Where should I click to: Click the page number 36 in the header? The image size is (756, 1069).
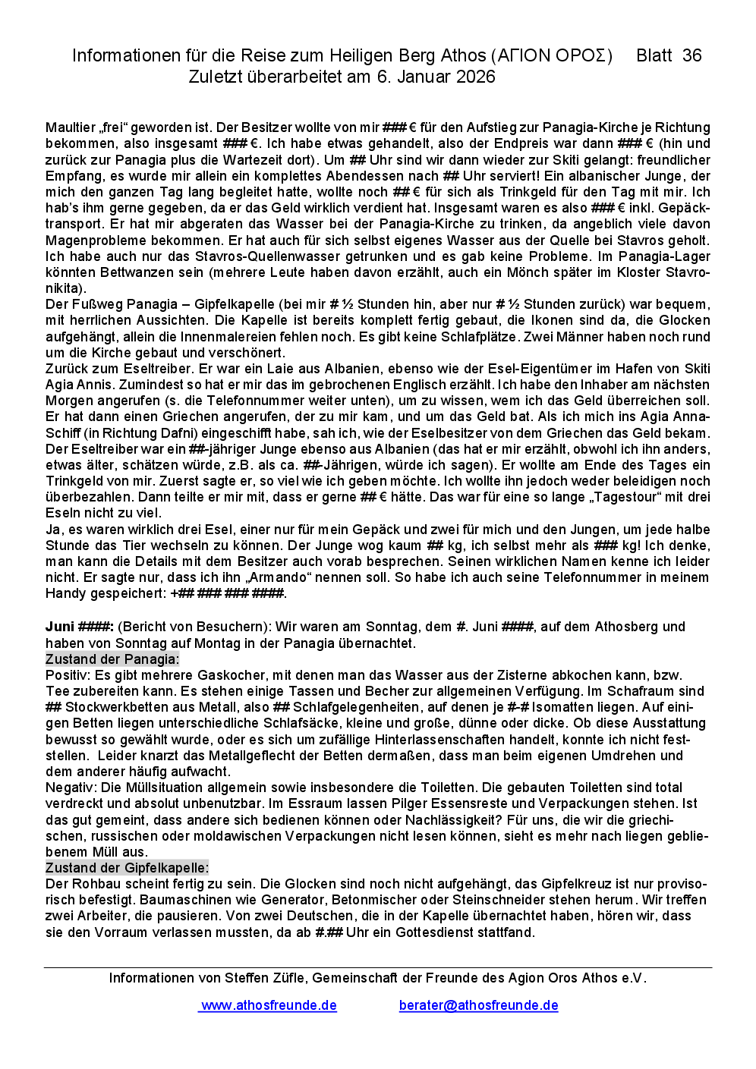tap(691, 55)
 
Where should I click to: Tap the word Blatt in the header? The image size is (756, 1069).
tap(654, 55)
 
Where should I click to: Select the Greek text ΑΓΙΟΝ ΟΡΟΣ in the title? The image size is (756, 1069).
tap(552, 55)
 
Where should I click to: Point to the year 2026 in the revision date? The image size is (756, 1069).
tap(476, 77)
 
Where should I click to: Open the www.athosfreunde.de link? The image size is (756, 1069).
tap(269, 1005)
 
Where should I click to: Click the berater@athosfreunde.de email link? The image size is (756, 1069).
tap(478, 1005)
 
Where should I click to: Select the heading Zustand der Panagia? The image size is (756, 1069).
tap(112, 659)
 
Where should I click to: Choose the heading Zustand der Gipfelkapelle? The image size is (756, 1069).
tap(127, 868)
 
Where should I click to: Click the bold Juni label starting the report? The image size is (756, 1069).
tap(60, 627)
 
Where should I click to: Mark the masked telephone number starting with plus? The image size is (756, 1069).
tap(227, 593)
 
